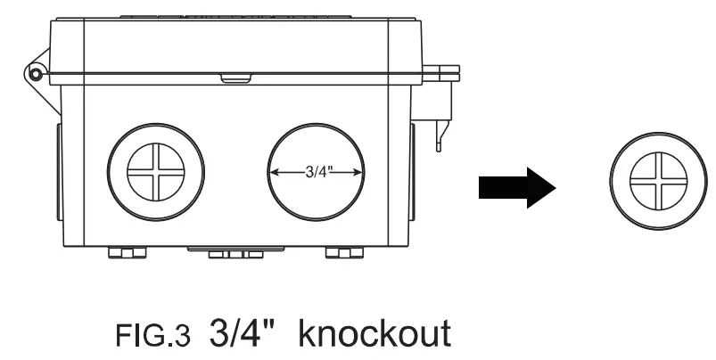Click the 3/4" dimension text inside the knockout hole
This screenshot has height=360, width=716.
(317, 174)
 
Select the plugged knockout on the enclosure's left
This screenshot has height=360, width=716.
(155, 170)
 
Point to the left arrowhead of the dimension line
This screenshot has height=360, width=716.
(274, 174)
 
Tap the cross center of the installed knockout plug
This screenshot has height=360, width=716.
(155, 170)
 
